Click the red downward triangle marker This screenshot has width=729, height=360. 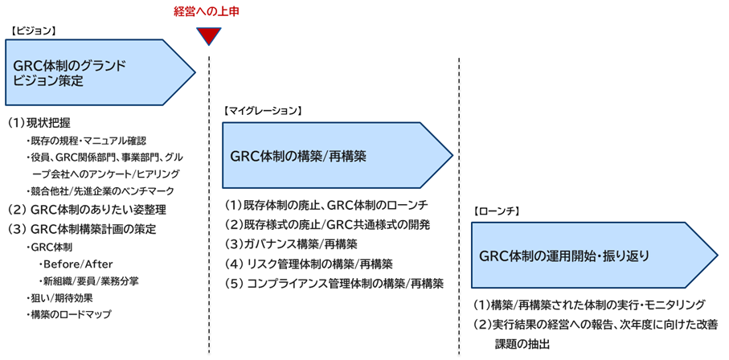(208, 35)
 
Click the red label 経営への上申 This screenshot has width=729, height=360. (207, 11)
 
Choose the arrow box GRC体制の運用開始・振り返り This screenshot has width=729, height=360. (587, 256)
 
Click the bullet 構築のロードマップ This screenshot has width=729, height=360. (70, 314)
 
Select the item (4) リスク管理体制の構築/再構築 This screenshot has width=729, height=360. (309, 264)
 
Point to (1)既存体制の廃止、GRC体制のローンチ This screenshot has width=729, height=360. (326, 204)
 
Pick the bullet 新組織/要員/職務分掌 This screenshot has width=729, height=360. (86, 281)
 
